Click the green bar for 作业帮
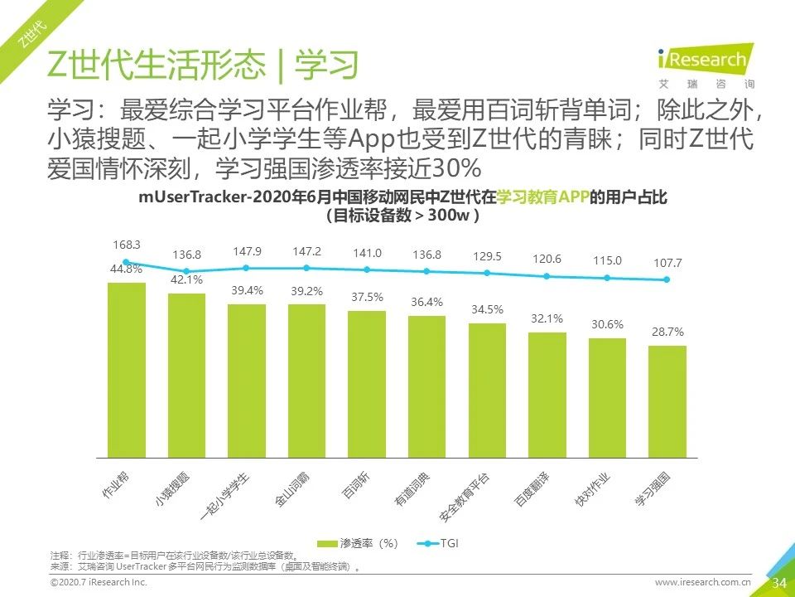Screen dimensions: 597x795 126,370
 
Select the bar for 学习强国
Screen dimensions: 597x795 667,401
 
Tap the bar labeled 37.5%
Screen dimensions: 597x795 367,384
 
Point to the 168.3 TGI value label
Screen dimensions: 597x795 126,245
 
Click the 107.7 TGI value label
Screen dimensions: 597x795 667,263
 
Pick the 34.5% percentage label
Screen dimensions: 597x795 487,309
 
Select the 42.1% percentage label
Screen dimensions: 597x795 186,279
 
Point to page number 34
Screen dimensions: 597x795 778,583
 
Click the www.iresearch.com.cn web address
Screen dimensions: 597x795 702,584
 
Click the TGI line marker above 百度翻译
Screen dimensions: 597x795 547,276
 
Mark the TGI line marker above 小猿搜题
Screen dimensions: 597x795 186,270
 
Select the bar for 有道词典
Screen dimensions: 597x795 426,386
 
